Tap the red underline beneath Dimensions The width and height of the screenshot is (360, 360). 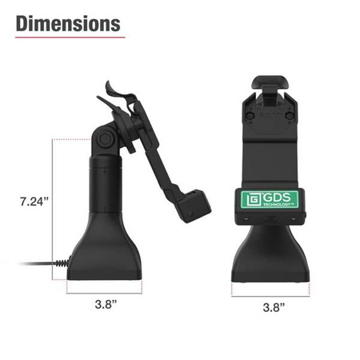click(68, 38)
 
